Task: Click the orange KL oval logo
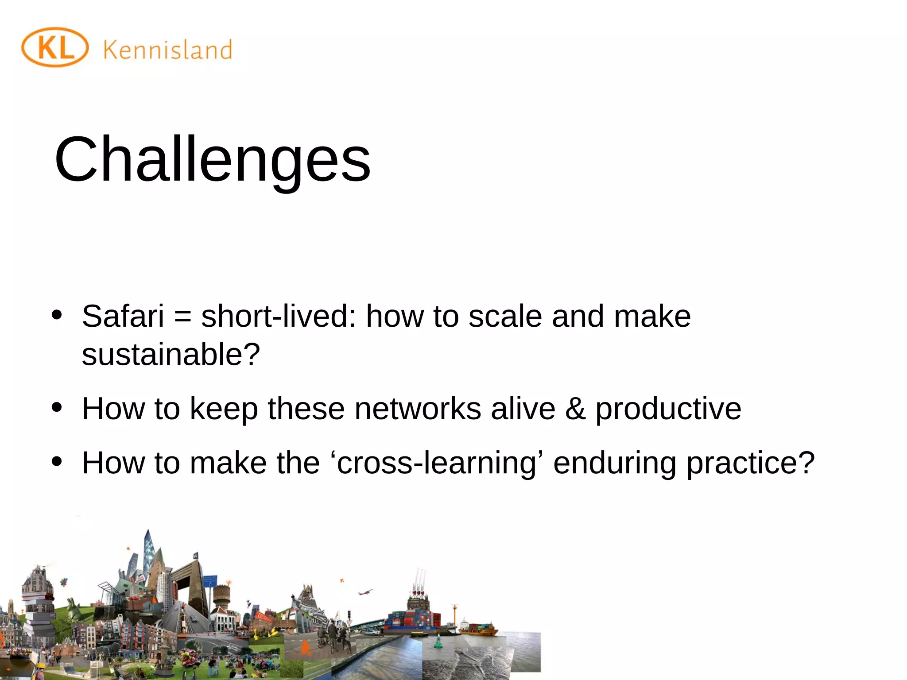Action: coord(55,47)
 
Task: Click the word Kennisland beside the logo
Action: coord(168,50)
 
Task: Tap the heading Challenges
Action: coord(212,159)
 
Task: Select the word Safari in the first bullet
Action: coord(123,316)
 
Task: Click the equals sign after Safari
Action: coord(182,317)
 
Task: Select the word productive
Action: coord(668,409)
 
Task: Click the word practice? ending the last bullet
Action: coord(750,463)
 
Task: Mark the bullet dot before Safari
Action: coord(57,315)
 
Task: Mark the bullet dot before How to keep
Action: coord(57,407)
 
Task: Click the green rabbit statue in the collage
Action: coord(73,609)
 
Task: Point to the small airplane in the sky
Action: coord(365,592)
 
